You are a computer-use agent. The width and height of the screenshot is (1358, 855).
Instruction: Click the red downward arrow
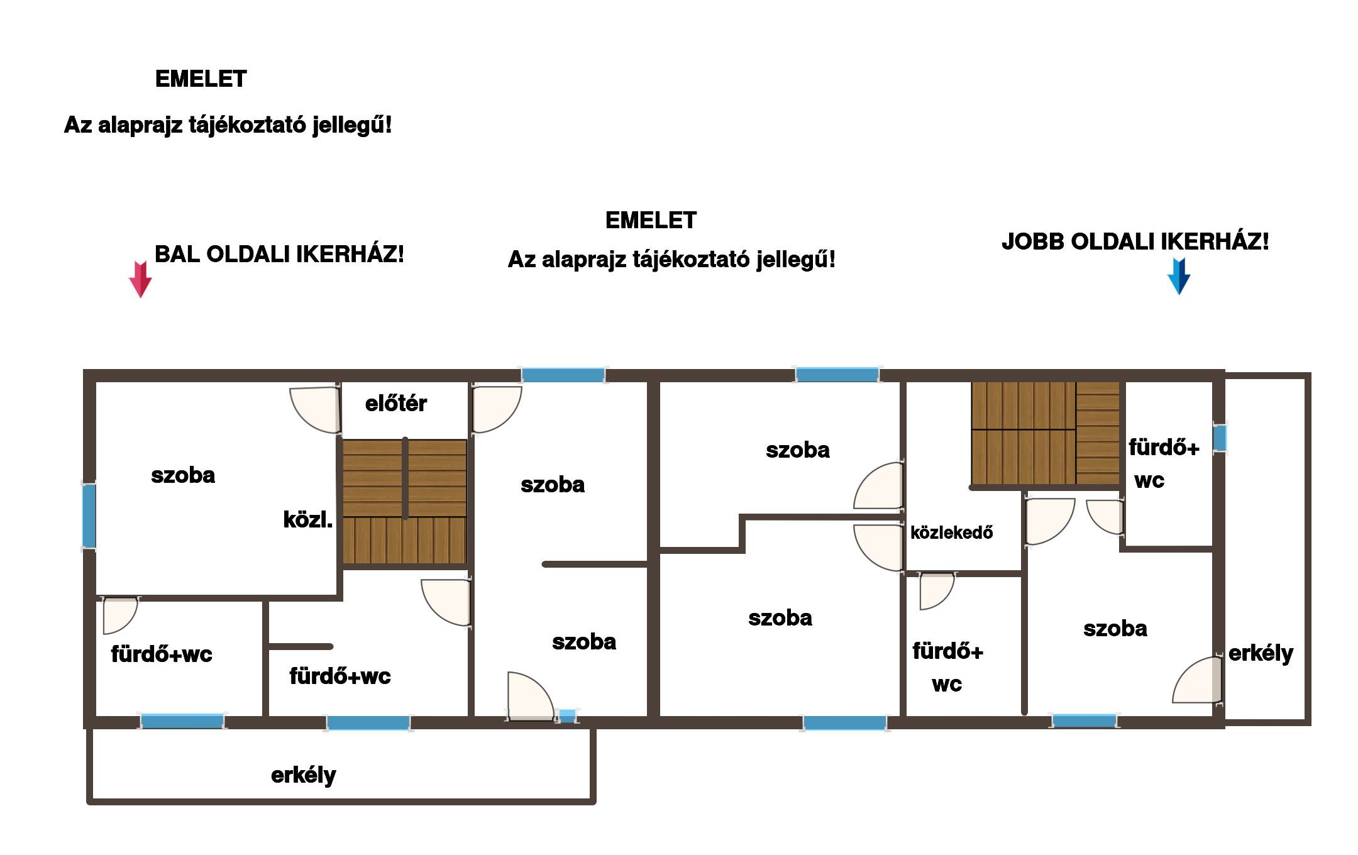(140, 279)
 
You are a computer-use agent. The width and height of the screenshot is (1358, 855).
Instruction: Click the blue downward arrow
(1179, 276)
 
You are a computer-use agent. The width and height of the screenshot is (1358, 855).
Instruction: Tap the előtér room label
(396, 403)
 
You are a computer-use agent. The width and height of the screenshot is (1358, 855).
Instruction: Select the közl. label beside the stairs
(308, 519)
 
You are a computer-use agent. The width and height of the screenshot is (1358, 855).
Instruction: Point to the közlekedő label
(952, 532)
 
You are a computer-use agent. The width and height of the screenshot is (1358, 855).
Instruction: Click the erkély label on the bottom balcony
(304, 775)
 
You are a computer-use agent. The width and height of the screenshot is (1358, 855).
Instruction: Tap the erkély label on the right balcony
(1261, 653)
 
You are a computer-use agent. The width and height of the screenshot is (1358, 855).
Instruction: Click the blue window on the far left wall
(89, 516)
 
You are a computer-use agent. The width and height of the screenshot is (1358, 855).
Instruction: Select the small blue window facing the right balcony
(1220, 438)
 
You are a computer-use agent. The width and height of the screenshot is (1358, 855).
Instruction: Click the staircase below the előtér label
(405, 501)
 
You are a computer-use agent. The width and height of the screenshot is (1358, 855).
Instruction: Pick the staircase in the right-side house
(1046, 433)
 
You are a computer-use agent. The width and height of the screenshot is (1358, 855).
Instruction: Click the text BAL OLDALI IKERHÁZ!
(279, 255)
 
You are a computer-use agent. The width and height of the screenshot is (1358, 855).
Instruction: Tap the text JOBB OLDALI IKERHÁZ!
(1135, 241)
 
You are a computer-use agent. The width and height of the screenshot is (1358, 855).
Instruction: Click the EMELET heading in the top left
(201, 79)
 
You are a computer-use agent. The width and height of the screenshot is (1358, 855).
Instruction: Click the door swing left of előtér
(315, 410)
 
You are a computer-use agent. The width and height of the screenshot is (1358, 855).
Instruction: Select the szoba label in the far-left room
(183, 475)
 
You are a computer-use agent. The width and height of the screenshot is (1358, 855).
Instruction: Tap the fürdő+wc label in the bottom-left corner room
(162, 654)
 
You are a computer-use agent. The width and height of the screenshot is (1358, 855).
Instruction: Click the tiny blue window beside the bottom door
(567, 716)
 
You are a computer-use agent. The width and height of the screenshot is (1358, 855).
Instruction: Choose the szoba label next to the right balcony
(1115, 629)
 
